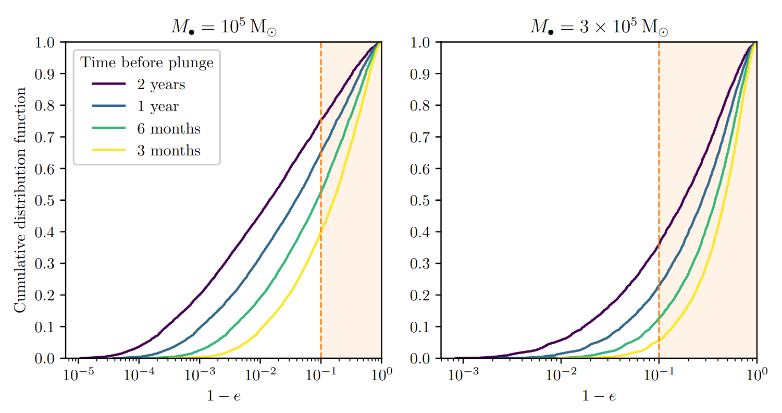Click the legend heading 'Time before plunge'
click(146, 63)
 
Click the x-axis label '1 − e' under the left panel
click(224, 396)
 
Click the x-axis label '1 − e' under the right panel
click(599, 396)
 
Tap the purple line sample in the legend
click(108, 84)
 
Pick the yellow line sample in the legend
click(108, 150)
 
